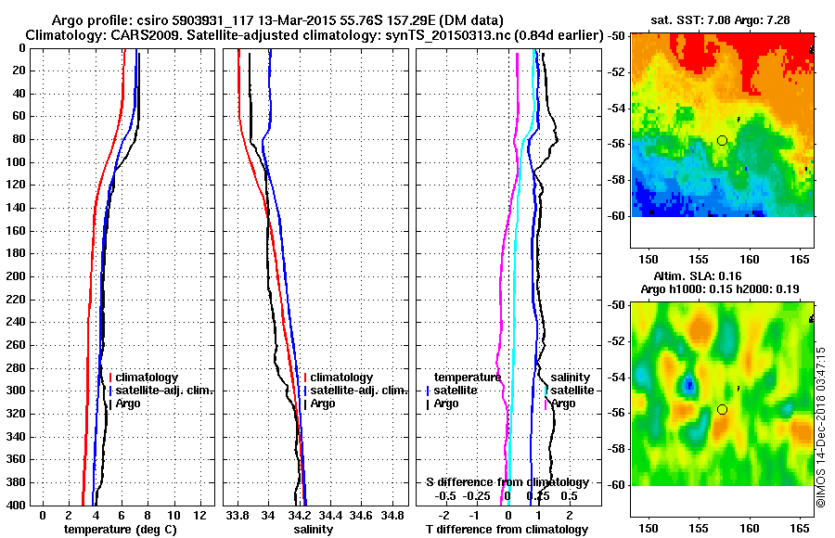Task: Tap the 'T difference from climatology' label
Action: pos(507,529)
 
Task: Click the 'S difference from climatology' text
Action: pos(507,482)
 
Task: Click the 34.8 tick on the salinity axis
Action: pos(393,515)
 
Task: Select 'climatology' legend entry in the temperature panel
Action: pos(148,378)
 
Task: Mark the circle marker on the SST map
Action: pos(722,140)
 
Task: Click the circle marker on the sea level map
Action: pos(722,409)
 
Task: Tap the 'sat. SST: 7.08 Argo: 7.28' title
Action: pos(723,19)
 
